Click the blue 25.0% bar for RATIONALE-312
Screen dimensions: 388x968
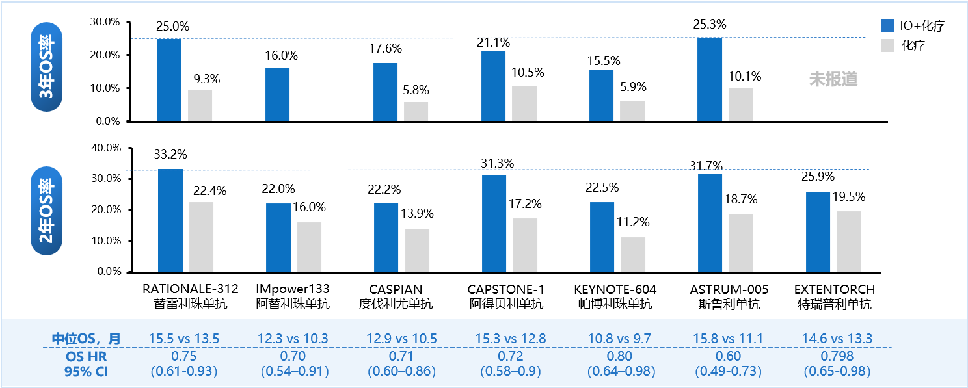click(170, 80)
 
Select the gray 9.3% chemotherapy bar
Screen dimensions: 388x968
click(200, 105)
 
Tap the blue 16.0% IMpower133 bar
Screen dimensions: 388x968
click(277, 94)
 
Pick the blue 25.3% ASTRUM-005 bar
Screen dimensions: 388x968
click(709, 79)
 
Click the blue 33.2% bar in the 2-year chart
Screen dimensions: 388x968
click(170, 220)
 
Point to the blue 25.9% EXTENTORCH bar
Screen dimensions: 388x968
click(818, 231)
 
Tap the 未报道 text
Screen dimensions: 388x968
click(833, 79)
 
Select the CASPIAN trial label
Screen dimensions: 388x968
click(396, 289)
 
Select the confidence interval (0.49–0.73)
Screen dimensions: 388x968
click(727, 372)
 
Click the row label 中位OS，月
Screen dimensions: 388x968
click(86, 339)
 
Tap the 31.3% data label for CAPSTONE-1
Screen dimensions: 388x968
click(498, 164)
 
